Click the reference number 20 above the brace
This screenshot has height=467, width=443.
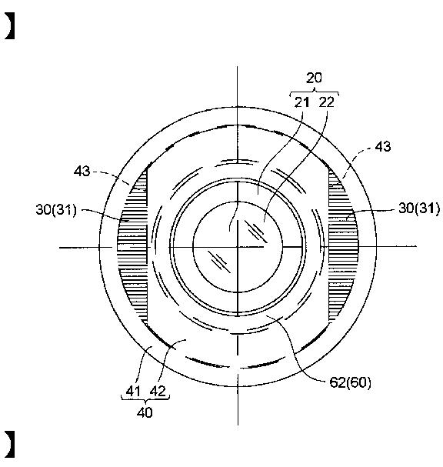coord(314,78)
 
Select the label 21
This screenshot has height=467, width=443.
coord(301,102)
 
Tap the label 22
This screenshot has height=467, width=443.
coord(327,102)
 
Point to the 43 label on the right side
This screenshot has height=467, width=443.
coord(382,146)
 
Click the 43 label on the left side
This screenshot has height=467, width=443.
coord(82,172)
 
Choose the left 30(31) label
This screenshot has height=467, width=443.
coord(56,210)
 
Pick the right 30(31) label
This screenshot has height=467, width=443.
coord(419,208)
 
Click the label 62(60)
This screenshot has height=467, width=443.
coord(351,382)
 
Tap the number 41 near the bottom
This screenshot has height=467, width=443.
coord(133,391)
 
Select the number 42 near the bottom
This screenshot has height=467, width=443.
coord(158,391)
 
